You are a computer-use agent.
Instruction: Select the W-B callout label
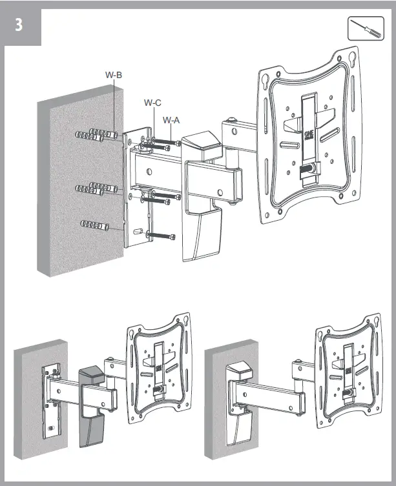(x=114, y=75)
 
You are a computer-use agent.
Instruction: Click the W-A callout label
(x=171, y=120)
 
